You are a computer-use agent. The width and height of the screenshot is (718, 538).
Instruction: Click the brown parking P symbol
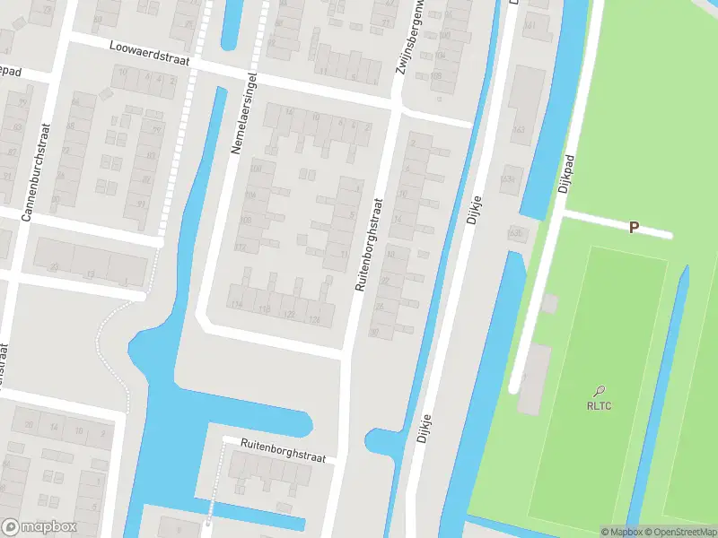634,228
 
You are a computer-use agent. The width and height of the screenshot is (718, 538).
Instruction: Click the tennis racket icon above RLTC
600,390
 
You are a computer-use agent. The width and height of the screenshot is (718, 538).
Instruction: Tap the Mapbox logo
39,527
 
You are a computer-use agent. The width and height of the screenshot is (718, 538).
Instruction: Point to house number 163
518,131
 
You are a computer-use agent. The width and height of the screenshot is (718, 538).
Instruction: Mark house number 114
237,305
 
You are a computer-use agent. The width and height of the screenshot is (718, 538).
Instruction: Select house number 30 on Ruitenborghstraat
373,332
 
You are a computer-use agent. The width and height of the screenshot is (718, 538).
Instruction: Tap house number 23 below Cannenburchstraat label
55,266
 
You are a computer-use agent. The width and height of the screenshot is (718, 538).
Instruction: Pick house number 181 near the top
530,25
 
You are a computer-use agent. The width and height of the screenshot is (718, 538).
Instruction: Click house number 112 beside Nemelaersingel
241,247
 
